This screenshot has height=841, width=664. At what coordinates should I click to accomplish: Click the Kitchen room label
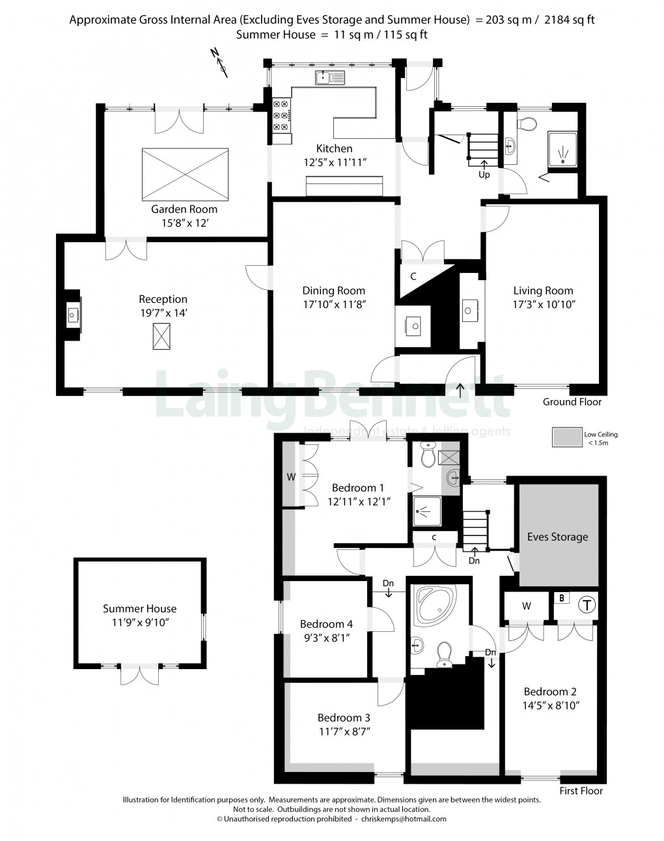tap(334, 149)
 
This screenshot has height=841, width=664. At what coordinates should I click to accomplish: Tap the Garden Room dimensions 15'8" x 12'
tap(184, 223)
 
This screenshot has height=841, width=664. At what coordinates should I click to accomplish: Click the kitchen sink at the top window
tap(331, 79)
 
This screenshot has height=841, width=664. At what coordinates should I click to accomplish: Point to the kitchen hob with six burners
tap(281, 116)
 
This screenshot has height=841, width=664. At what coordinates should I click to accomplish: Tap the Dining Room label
tap(333, 291)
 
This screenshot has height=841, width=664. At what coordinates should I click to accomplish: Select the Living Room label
tap(543, 291)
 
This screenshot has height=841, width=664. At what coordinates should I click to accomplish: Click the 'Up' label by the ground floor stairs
tap(484, 175)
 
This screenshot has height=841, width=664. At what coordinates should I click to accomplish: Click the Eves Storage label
tap(557, 537)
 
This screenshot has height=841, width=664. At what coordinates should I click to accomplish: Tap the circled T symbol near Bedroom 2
tap(587, 605)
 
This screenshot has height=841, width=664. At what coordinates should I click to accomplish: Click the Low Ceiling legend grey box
tap(566, 437)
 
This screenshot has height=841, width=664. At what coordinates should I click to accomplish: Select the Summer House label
tap(139, 608)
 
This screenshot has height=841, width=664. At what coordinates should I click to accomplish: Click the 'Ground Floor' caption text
tap(572, 402)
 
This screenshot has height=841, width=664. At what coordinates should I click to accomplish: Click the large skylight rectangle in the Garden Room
tap(185, 174)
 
